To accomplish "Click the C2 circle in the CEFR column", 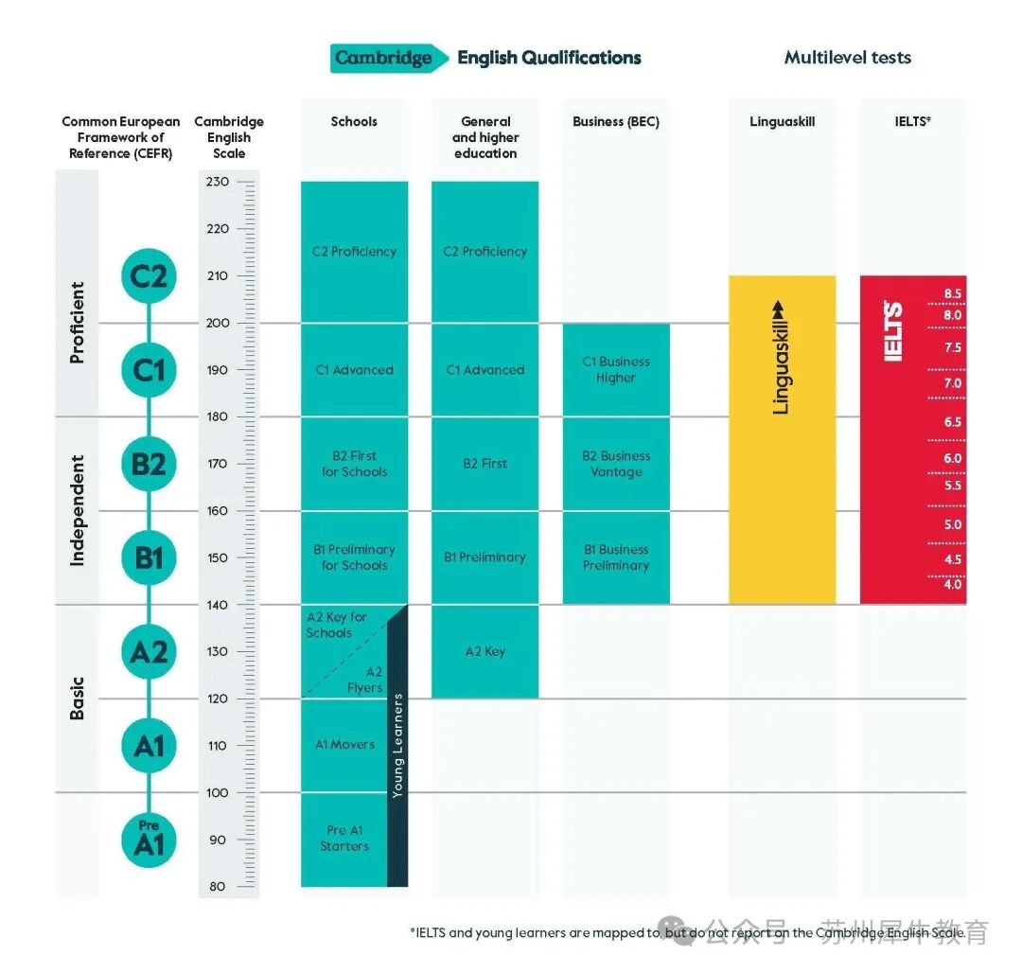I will [x=149, y=276].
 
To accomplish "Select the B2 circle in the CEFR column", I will [x=149, y=464].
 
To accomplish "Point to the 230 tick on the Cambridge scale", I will [x=218, y=182].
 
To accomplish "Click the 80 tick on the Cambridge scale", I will [x=218, y=887].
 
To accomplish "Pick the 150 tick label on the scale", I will [x=218, y=557].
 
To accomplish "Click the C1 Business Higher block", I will [x=616, y=369].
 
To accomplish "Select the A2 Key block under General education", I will [x=485, y=651].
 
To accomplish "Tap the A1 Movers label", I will [x=344, y=745].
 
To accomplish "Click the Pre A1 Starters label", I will [x=344, y=839].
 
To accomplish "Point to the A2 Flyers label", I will [x=364, y=680].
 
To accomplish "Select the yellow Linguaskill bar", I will [x=782, y=439].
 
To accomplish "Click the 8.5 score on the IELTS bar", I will [x=952, y=293].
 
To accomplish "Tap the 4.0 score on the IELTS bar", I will [x=952, y=584].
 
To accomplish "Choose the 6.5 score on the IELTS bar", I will [x=952, y=422].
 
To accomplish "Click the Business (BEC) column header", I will [x=616, y=122].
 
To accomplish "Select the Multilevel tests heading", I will [x=847, y=58].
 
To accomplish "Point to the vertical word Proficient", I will [x=78, y=322].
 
